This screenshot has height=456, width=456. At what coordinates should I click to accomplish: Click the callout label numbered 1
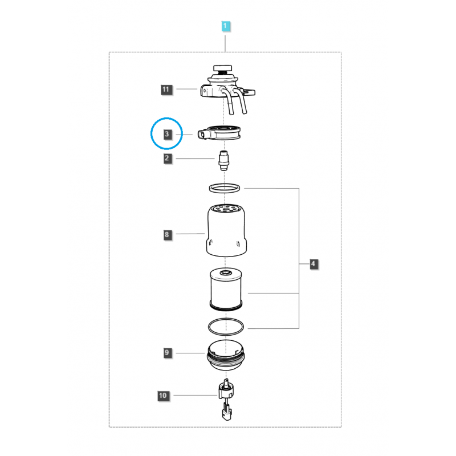226,26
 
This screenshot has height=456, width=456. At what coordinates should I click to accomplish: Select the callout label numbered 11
166,89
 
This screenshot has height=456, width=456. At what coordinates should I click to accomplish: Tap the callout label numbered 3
167,135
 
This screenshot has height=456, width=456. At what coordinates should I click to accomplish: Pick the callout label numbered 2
167,158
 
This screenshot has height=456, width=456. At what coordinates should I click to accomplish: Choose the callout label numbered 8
167,234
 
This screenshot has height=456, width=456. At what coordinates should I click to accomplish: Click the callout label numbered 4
313,264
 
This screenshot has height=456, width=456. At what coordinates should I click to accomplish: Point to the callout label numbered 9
167,353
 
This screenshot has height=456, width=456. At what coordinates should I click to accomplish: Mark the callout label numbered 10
164,394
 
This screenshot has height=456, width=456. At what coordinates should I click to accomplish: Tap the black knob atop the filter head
218,69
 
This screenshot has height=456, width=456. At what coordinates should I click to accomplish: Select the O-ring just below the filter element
227,327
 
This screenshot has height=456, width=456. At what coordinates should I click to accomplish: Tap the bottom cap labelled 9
227,353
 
